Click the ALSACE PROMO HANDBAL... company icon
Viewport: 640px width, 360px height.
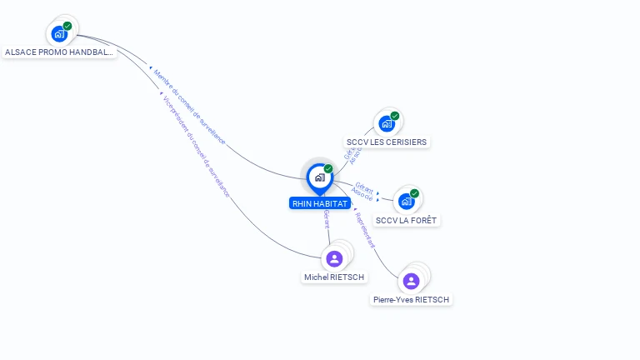point(58,33)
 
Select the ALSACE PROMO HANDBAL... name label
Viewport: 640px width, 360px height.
point(58,52)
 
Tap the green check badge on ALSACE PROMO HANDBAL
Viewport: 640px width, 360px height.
point(67,26)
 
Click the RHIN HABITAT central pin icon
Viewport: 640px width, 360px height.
point(319,177)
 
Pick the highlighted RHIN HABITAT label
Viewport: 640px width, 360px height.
point(320,203)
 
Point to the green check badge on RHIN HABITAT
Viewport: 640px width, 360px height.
point(328,169)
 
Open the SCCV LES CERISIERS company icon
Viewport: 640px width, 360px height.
point(386,123)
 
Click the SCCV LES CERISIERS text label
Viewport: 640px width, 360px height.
point(387,142)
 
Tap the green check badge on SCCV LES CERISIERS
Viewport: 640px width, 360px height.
point(395,116)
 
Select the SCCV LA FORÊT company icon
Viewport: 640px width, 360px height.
point(406,201)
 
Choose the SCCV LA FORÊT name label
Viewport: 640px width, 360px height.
point(406,220)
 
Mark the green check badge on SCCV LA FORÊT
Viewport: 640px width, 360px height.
point(414,193)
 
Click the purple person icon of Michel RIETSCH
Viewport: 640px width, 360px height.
point(334,258)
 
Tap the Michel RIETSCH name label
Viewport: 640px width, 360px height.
point(334,277)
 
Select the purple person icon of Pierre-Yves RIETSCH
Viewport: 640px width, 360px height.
point(411,281)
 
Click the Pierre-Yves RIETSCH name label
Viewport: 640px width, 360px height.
point(411,300)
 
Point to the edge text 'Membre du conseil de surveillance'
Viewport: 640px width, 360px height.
point(189,106)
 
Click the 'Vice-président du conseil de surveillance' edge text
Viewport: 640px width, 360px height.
point(195,147)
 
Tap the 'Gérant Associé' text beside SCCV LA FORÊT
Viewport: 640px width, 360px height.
point(362,190)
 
